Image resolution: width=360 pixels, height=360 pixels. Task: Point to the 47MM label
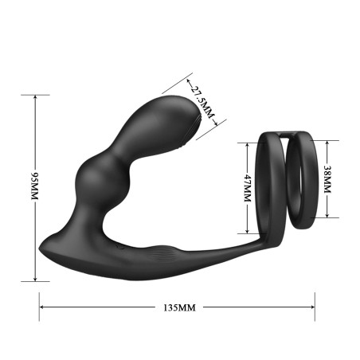pyautogui.click(x=248, y=189)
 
